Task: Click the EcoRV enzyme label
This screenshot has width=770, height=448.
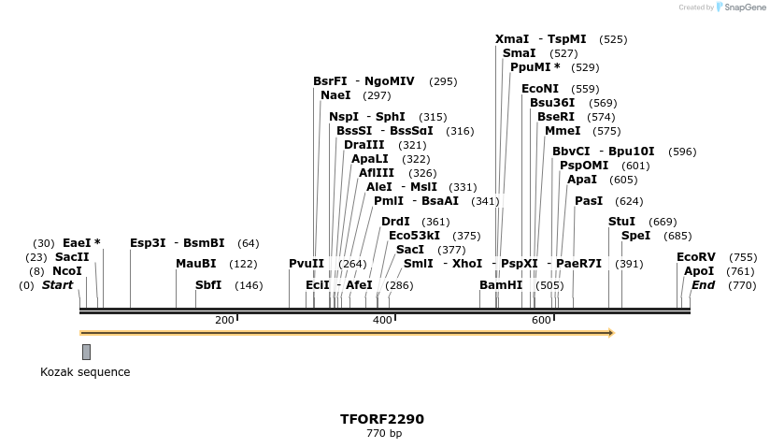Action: pyautogui.click(x=696, y=257)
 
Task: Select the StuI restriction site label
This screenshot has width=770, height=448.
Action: pyautogui.click(x=621, y=222)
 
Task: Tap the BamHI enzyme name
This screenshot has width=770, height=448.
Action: pyautogui.click(x=501, y=285)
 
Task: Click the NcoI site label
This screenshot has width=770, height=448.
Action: pyautogui.click(x=67, y=271)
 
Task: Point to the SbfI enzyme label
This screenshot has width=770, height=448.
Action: pyautogui.click(x=208, y=285)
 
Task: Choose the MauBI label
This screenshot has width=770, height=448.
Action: pyautogui.click(x=195, y=264)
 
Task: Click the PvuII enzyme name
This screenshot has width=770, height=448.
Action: pyautogui.click(x=307, y=264)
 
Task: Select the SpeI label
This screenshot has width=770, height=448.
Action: pyautogui.click(x=635, y=236)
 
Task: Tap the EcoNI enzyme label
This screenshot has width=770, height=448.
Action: pyautogui.click(x=540, y=89)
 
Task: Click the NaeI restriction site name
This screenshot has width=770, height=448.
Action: pyautogui.click(x=335, y=95)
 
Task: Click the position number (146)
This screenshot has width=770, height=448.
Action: pyautogui.click(x=249, y=286)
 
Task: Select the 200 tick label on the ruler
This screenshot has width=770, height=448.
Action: pyautogui.click(x=224, y=321)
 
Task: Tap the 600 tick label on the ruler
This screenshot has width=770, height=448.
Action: pyautogui.click(x=541, y=321)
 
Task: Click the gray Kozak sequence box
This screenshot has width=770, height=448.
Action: pyautogui.click(x=86, y=352)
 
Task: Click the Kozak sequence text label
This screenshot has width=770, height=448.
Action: pyautogui.click(x=85, y=372)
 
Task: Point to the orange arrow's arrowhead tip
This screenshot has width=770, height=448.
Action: pyautogui.click(x=612, y=333)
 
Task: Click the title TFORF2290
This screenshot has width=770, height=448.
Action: pyautogui.click(x=382, y=419)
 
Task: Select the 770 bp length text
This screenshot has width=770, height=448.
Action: pyautogui.click(x=383, y=434)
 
